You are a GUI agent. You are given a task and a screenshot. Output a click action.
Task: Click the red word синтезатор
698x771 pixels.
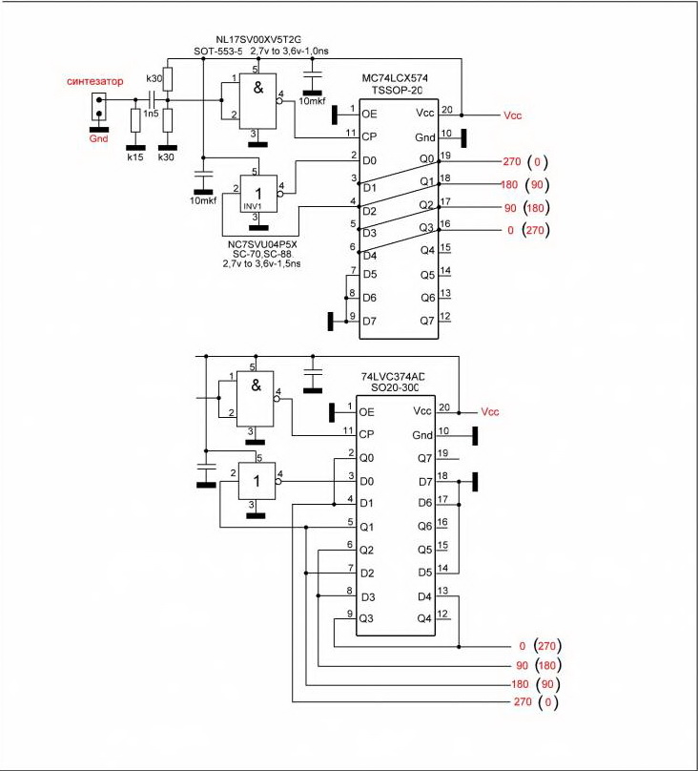click(x=95, y=81)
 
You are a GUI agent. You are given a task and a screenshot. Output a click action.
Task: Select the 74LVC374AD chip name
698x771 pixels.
click(x=393, y=377)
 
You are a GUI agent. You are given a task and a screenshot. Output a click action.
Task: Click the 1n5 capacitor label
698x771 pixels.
click(x=152, y=114)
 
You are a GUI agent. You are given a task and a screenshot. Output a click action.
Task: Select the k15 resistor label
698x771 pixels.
click(x=134, y=156)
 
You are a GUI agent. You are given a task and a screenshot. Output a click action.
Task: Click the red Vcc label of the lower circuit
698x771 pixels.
click(x=490, y=412)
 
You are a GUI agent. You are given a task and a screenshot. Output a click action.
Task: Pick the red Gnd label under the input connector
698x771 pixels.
click(x=99, y=137)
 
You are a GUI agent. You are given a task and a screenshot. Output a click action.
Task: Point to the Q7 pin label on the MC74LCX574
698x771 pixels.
click(x=426, y=319)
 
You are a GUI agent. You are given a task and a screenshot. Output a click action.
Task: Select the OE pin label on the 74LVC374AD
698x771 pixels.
click(x=367, y=412)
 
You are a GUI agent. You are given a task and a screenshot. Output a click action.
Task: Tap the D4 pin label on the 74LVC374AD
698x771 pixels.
click(x=424, y=597)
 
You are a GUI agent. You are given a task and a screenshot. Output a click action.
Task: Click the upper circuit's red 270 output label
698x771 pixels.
click(x=510, y=161)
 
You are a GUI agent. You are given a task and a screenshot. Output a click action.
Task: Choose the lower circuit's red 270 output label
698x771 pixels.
click(x=520, y=703)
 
